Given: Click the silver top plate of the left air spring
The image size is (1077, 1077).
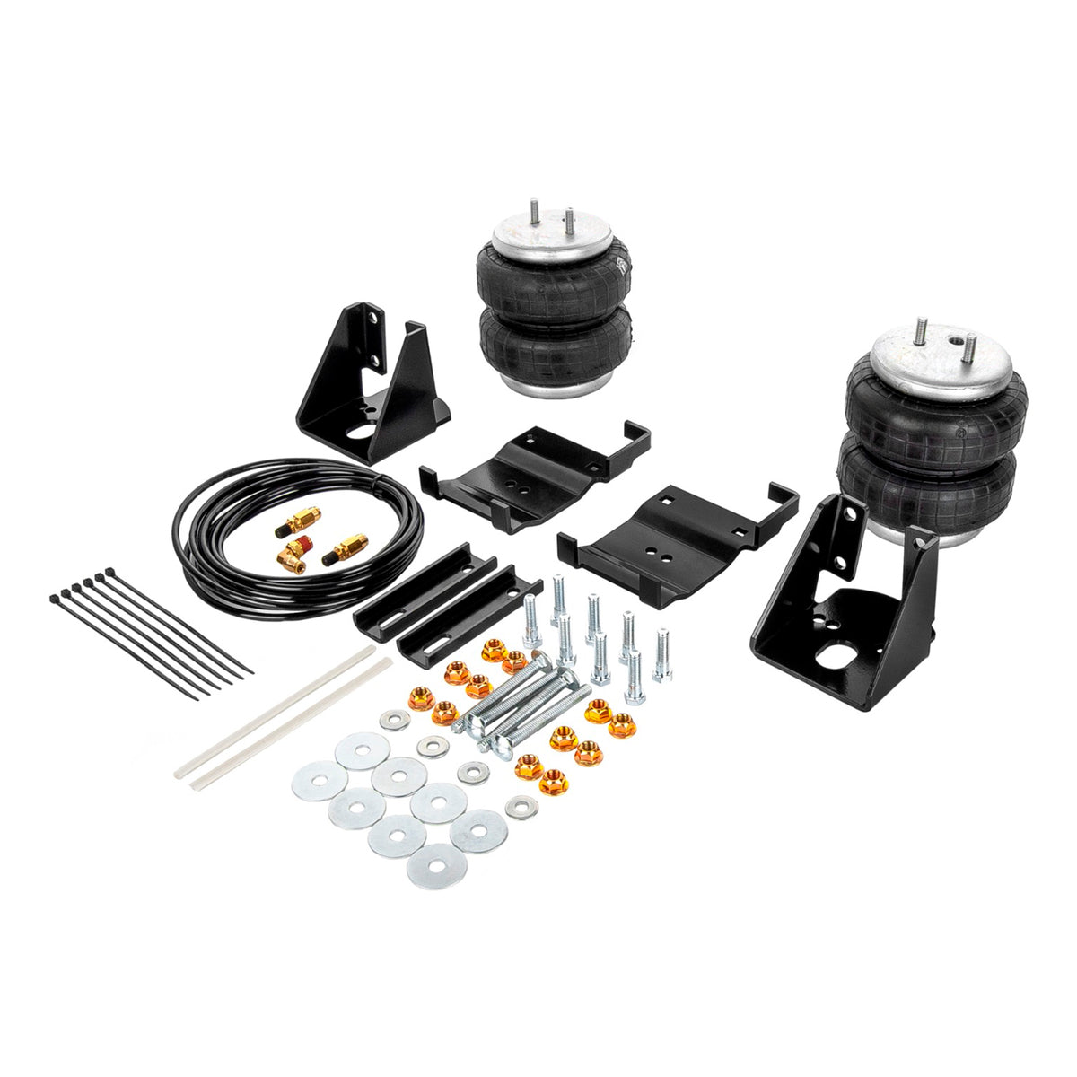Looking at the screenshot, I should (547, 237).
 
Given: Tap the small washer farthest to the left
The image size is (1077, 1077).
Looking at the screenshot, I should (392, 719).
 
